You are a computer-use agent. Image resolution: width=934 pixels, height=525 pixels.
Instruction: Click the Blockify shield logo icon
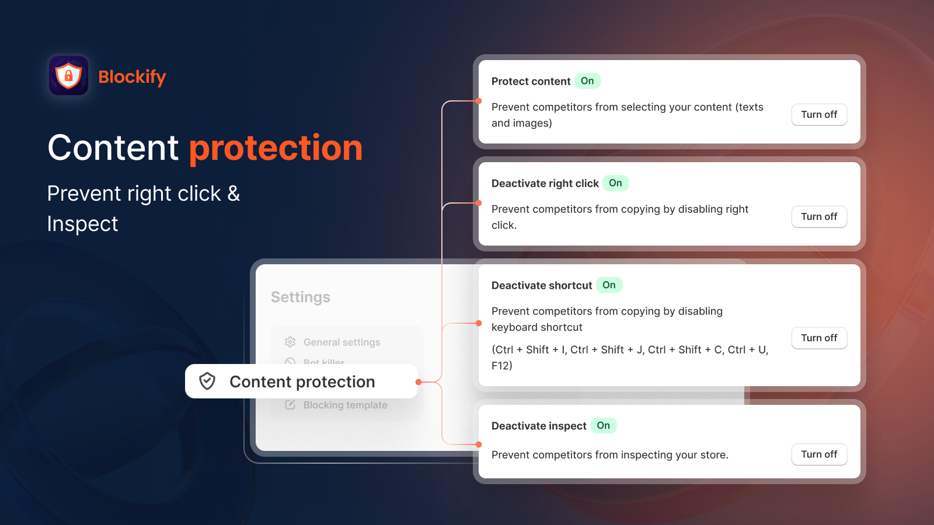68,76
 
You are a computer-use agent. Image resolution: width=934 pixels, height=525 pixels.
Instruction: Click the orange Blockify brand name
132,76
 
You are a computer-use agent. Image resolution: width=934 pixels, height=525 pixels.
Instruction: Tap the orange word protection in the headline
276,148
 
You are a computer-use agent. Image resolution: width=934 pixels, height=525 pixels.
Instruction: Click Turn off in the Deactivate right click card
819,216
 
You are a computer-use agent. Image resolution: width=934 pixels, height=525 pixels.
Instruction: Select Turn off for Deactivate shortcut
819,338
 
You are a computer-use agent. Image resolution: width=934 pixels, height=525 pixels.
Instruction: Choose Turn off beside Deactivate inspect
819,454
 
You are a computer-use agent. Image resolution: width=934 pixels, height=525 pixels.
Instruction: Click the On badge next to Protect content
587,81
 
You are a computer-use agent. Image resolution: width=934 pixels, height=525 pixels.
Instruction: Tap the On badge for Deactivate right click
615,183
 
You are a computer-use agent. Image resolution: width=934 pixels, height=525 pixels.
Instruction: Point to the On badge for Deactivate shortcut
609,285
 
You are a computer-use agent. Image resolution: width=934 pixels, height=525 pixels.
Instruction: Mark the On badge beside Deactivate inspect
603,426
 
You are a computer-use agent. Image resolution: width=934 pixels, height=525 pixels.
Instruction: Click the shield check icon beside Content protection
207,381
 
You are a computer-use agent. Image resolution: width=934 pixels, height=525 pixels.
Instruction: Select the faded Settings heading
301,297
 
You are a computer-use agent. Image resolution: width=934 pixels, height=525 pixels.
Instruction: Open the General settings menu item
341,342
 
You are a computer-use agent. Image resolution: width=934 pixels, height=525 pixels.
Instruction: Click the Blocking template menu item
345,405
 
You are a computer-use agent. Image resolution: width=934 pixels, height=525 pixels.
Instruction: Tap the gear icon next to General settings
290,342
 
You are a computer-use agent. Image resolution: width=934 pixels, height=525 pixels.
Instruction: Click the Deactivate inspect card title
539,426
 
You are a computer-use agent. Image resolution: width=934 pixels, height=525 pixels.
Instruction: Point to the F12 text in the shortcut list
501,366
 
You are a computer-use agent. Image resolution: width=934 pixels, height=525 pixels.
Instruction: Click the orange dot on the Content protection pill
419,382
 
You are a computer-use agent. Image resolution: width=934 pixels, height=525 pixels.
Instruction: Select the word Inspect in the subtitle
83,224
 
